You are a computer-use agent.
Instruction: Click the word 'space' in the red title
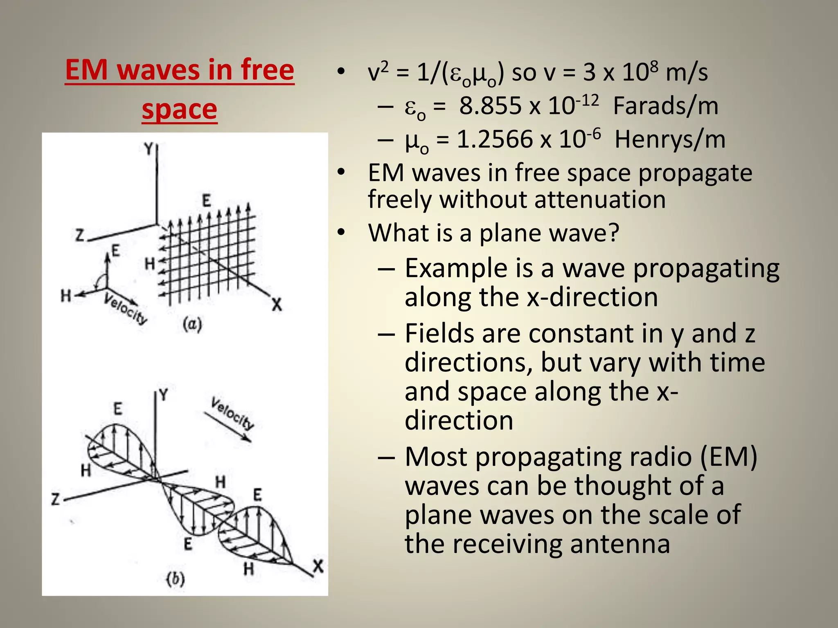point(179,109)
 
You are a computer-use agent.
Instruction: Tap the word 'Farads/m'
point(665,106)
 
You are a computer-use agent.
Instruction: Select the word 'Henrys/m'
point(670,139)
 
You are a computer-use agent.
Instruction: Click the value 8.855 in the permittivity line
point(490,106)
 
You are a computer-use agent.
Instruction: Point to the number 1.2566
point(495,139)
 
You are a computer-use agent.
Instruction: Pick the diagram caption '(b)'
point(176,579)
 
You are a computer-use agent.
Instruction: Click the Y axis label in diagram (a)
point(148,149)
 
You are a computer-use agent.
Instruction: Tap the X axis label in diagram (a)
point(277,305)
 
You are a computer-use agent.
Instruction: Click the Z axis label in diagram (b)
point(55,499)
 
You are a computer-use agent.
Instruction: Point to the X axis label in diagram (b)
point(318,567)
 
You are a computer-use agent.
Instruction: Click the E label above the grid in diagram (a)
point(207,201)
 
